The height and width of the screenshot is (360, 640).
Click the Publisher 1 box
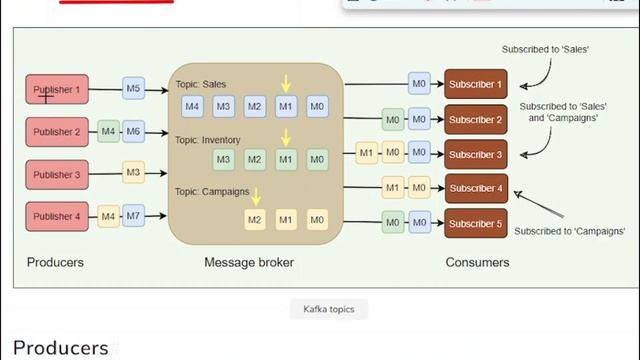click(x=58, y=90)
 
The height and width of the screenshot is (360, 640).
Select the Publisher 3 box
click(x=58, y=175)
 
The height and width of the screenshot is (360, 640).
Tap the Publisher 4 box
click(x=58, y=217)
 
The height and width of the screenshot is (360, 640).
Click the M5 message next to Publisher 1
click(x=133, y=90)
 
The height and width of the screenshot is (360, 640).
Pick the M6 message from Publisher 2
click(x=133, y=132)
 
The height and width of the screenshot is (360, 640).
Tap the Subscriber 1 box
click(x=476, y=83)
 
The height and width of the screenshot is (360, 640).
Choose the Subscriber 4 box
click(x=476, y=188)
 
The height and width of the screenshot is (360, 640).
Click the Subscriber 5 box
click(x=476, y=223)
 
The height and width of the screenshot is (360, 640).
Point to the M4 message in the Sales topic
click(x=193, y=106)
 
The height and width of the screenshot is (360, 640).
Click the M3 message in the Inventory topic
click(x=224, y=159)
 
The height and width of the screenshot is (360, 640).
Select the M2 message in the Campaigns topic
click(x=256, y=219)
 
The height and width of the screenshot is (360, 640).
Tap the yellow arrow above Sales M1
click(x=286, y=83)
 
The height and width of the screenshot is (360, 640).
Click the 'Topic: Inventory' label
click(x=208, y=140)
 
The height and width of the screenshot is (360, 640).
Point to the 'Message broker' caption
click(x=249, y=263)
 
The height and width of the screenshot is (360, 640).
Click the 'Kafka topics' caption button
click(x=328, y=309)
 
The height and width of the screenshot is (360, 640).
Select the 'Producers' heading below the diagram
click(x=59, y=348)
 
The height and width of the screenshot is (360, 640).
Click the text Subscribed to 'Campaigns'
click(x=569, y=231)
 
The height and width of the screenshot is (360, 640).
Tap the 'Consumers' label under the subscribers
click(x=477, y=263)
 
